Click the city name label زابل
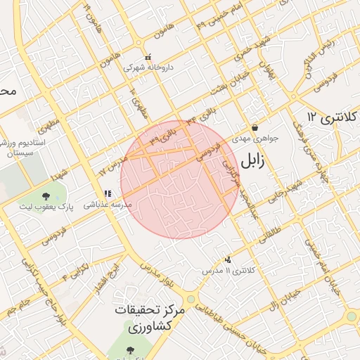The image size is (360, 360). [252, 162]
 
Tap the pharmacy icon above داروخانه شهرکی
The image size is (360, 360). [148, 58]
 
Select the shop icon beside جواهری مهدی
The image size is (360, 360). [254, 127]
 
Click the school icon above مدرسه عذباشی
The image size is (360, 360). [108, 194]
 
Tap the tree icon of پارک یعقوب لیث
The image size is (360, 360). [46, 196]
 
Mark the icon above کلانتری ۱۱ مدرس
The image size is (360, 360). [227, 259]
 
